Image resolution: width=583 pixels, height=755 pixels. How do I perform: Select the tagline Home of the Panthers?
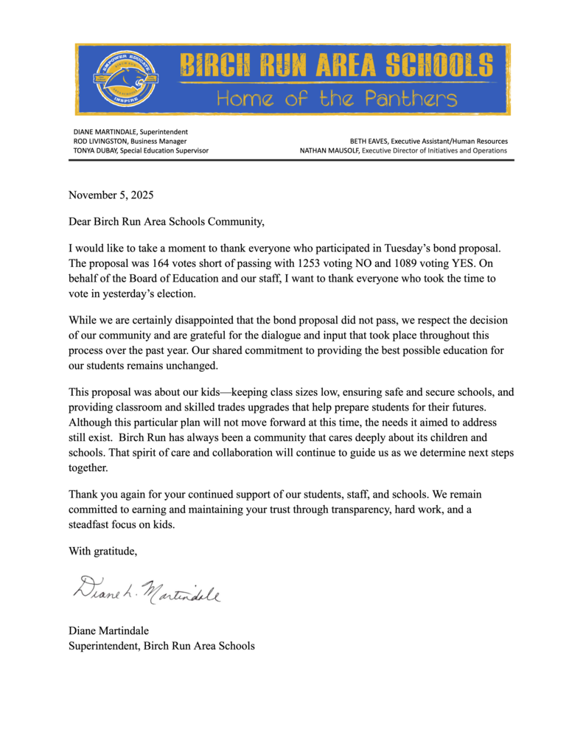click(x=336, y=99)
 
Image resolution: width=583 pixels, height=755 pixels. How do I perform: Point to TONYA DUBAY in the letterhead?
click(x=96, y=150)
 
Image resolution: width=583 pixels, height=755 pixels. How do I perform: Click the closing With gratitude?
click(x=102, y=551)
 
